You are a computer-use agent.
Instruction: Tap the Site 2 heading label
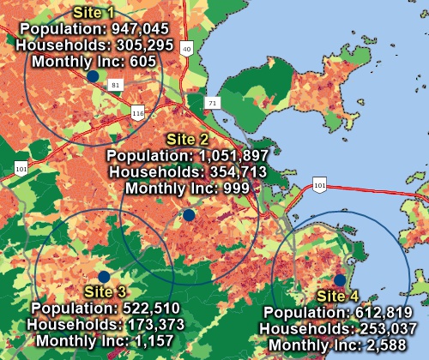[187, 139]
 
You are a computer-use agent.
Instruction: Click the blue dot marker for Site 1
[93, 76]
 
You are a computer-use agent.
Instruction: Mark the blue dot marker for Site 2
[189, 215]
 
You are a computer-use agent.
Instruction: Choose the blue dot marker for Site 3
[104, 276]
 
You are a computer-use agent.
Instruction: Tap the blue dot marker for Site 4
[340, 280]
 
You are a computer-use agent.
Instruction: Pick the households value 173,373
[134, 325]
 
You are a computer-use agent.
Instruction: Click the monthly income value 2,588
[396, 345]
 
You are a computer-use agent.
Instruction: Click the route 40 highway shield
[186, 50]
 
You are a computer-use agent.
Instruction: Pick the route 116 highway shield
[137, 112]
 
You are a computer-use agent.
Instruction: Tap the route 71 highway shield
[212, 103]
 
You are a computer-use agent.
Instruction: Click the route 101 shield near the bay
[318, 184]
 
